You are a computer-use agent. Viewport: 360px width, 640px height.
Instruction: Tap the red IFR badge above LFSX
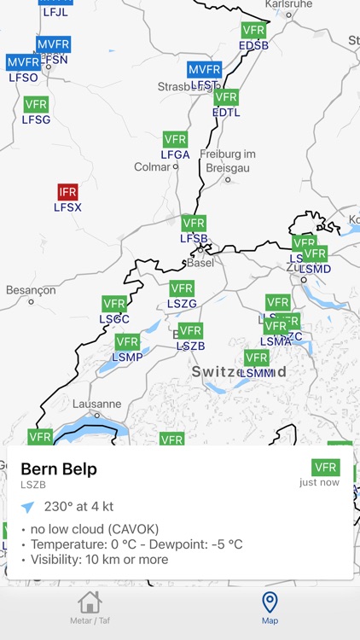tap(67, 192)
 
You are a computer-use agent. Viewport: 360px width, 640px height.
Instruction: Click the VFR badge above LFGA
tap(175, 140)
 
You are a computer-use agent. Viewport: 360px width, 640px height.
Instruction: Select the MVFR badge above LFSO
tap(23, 62)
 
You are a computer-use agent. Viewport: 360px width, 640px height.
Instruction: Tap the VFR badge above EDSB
tap(253, 30)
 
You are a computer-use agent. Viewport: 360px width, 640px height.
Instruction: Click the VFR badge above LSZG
tap(182, 288)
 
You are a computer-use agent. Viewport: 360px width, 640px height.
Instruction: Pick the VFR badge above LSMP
tap(127, 342)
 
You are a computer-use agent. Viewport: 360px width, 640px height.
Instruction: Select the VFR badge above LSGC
tap(114, 304)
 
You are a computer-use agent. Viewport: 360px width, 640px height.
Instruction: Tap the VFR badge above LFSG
tap(36, 104)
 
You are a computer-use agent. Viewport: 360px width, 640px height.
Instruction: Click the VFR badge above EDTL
tap(226, 97)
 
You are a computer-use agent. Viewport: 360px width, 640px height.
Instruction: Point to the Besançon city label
tap(31, 290)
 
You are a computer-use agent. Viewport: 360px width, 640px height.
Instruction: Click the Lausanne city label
tap(97, 404)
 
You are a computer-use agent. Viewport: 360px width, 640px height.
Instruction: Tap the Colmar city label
tap(154, 167)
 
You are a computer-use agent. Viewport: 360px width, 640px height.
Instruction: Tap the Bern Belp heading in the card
tap(59, 468)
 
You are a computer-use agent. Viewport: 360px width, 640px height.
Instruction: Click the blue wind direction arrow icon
tap(28, 507)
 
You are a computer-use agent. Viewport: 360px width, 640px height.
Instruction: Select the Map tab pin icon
tap(270, 602)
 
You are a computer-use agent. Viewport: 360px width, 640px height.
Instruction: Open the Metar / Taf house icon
tap(90, 602)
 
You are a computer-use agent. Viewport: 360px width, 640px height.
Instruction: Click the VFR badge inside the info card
tap(326, 467)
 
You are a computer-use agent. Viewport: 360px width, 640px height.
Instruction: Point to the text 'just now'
tap(320, 482)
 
